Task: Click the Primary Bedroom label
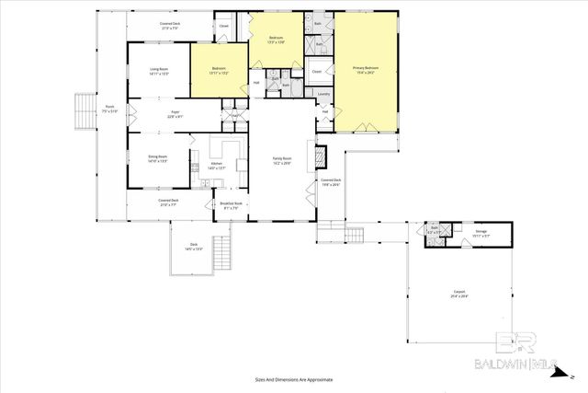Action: (x=365, y=69)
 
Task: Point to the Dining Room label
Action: (x=158, y=160)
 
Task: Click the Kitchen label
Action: (x=217, y=166)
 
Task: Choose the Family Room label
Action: (x=281, y=160)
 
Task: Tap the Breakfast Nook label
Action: (x=232, y=205)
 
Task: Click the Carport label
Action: (x=459, y=296)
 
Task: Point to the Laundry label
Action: (x=323, y=94)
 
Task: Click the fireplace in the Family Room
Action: (x=322, y=157)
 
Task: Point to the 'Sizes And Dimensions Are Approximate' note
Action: (x=293, y=379)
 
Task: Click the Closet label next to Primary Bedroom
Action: (x=316, y=70)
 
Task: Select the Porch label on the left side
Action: (x=110, y=110)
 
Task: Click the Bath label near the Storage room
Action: (x=433, y=231)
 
